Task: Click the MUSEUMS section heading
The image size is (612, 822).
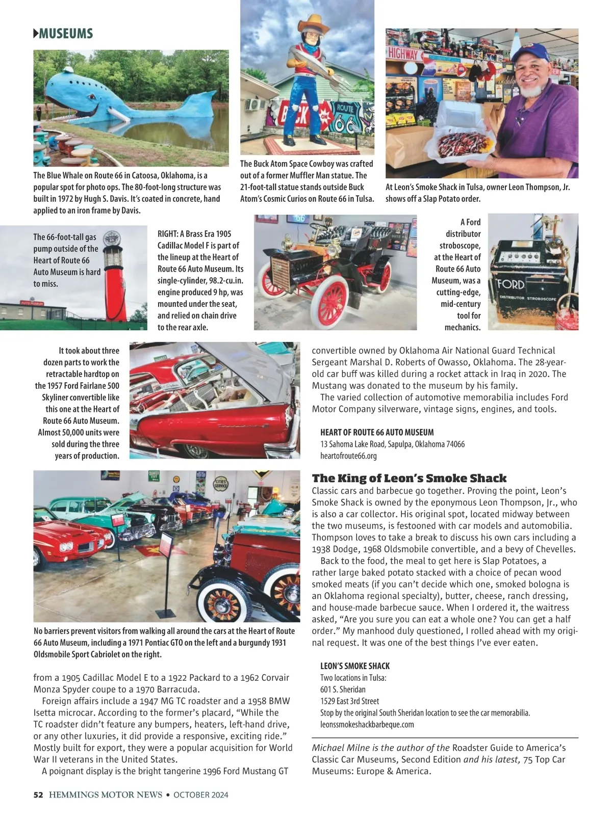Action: click(x=63, y=34)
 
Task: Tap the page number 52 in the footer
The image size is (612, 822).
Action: click(x=38, y=794)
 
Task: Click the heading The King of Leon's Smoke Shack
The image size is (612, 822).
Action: click(x=409, y=478)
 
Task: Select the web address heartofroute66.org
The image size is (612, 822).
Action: click(x=348, y=456)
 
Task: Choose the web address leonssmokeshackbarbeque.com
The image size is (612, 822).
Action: click(x=367, y=724)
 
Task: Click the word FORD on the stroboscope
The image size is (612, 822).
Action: click(x=511, y=283)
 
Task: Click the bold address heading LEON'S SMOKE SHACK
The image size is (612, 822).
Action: click(x=354, y=666)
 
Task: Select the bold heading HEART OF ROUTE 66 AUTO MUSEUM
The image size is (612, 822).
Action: click(x=377, y=432)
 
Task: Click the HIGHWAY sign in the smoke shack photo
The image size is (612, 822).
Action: click(x=403, y=54)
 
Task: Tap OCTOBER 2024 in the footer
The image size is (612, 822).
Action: click(x=200, y=794)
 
